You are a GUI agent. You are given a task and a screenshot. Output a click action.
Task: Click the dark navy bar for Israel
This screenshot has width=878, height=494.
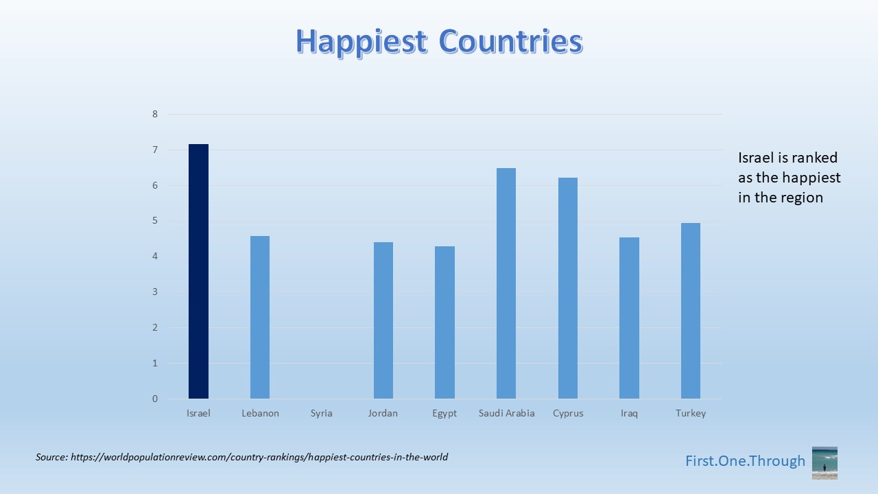[198, 271]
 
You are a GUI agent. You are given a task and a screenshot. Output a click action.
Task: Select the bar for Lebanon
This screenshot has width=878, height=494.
[260, 317]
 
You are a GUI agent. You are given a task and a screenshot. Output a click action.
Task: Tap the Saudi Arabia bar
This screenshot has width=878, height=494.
[506, 283]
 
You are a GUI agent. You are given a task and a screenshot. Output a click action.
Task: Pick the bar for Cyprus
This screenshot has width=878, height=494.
[567, 288]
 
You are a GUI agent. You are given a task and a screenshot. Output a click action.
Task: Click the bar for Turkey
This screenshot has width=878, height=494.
[691, 311]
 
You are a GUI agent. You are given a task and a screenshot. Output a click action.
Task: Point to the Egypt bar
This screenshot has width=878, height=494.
[444, 322]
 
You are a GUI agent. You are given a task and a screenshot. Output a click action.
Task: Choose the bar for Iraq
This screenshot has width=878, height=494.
[629, 318]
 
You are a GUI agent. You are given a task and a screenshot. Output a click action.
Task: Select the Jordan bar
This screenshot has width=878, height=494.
[383, 320]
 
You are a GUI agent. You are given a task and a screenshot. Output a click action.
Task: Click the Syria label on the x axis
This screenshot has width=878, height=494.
[322, 413]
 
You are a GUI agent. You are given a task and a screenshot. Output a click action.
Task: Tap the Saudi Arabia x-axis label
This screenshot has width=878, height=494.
[506, 413]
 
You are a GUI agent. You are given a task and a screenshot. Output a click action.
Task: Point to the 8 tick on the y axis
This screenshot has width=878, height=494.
[155, 114]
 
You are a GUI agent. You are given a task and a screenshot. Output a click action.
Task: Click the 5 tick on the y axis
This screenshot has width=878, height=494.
[155, 221]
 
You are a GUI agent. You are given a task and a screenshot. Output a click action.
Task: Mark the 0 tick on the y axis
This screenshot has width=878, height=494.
[155, 399]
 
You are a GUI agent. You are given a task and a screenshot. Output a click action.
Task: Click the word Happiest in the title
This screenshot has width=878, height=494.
[361, 42]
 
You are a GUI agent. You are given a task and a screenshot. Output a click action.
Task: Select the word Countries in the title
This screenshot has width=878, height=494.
[511, 41]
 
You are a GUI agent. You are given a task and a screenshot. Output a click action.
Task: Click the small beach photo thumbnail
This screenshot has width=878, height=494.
[824, 463]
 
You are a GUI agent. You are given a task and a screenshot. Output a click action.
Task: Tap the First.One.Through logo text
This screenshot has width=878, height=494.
[745, 461]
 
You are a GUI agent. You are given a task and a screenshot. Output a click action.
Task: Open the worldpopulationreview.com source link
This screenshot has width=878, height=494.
[259, 457]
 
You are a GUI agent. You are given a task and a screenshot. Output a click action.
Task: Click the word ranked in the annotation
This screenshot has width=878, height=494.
[818, 158]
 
